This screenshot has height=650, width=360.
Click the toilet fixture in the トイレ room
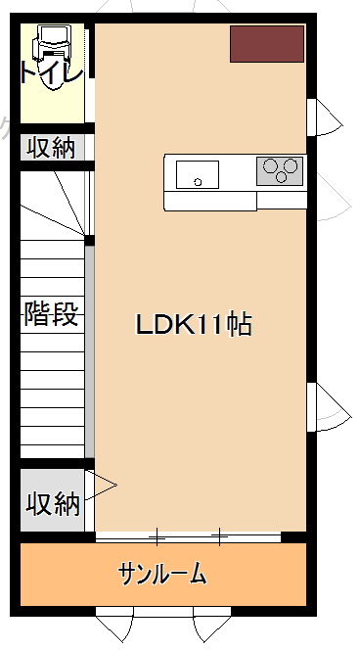pyautogui.click(x=52, y=54)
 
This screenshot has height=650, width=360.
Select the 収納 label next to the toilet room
pyautogui.click(x=52, y=148)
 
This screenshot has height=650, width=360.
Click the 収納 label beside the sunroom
pyautogui.click(x=52, y=504)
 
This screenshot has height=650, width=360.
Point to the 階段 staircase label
pyautogui.click(x=51, y=314)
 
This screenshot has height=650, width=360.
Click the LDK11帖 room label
pyautogui.click(x=194, y=325)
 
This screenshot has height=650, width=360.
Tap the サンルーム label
pyautogui.click(x=162, y=575)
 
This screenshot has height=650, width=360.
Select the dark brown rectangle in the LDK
pyautogui.click(x=267, y=44)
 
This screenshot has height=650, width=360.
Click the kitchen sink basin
pyautogui.click(x=198, y=174)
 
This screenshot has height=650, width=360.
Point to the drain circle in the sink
pyautogui.click(x=198, y=181)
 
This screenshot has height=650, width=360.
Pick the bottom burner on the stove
pyautogui.click(x=282, y=177)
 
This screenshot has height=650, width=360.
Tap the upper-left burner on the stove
pyautogui.click(x=271, y=165)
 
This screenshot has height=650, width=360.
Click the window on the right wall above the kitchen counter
pyautogui.click(x=325, y=117)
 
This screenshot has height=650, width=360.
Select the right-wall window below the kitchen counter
pyautogui.click(x=329, y=406)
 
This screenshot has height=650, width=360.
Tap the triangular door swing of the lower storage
pyautogui.click(x=101, y=485)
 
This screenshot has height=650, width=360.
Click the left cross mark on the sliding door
pyautogui.click(x=157, y=537)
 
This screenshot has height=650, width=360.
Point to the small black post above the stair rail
pyautogui.click(x=89, y=241)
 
